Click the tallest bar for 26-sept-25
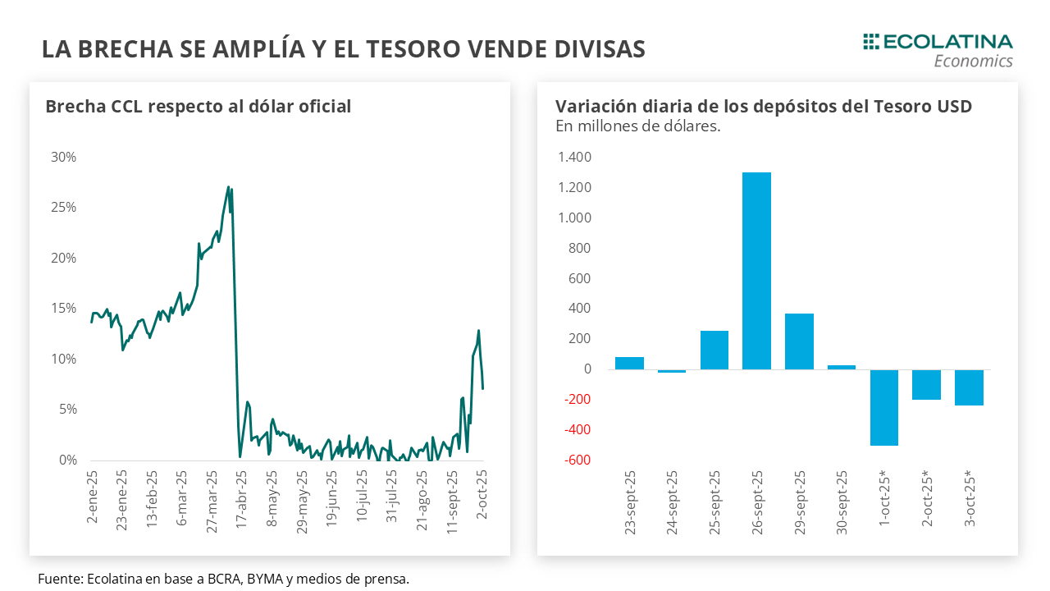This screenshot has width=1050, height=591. pyautogui.click(x=756, y=271)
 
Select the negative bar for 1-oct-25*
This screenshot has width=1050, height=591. pyautogui.click(x=884, y=407)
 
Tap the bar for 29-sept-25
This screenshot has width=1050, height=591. pyautogui.click(x=799, y=341)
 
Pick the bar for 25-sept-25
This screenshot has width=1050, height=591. pyautogui.click(x=714, y=350)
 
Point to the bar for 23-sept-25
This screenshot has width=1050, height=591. pyautogui.click(x=629, y=364)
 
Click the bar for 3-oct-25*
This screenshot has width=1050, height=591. pyautogui.click(x=969, y=387)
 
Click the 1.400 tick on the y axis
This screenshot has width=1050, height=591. pyautogui.click(x=574, y=158)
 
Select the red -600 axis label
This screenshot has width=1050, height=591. pyautogui.click(x=577, y=460)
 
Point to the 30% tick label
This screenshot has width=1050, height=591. pyautogui.click(x=63, y=157)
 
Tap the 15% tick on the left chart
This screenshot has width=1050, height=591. pyautogui.click(x=63, y=309)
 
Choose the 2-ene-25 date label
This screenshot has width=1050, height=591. pyautogui.click(x=92, y=496)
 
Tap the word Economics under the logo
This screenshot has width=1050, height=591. pyautogui.click(x=973, y=61)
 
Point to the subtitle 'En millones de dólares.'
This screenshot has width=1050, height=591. pyautogui.click(x=637, y=126)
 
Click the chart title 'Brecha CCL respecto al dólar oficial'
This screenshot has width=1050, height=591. pyautogui.click(x=198, y=107)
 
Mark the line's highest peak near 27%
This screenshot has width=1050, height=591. pyautogui.click(x=228, y=187)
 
